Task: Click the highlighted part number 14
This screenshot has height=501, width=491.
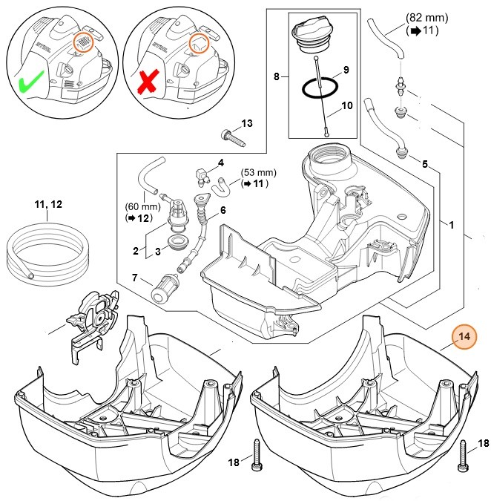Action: [464, 338]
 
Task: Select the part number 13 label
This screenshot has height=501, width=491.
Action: [247, 122]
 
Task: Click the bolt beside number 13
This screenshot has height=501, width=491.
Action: [231, 137]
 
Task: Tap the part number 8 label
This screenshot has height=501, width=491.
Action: [277, 76]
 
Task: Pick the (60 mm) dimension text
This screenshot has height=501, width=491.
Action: [138, 209]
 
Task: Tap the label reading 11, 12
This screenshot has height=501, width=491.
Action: [47, 203]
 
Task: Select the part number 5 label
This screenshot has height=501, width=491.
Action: [425, 163]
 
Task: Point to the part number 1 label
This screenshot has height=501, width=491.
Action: [453, 223]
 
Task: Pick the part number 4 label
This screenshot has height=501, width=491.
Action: [220, 162]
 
